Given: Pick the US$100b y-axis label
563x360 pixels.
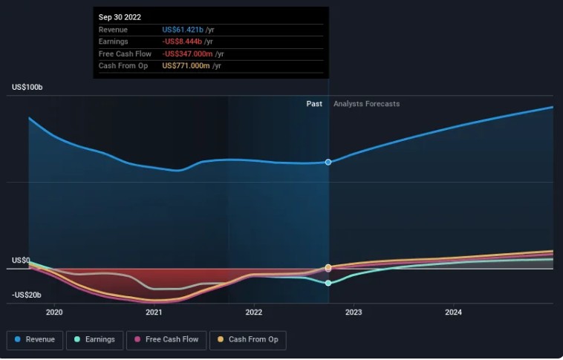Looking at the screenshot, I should click(27, 88).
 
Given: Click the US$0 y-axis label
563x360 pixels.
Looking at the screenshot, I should click(20, 261).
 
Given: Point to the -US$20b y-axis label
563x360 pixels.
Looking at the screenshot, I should click(27, 295).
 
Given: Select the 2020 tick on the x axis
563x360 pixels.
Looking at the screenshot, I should click(54, 312).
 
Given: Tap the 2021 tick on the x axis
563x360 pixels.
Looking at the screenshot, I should click(154, 312).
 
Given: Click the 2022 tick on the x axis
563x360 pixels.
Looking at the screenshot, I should click(254, 312).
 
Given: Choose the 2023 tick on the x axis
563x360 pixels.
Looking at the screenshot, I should click(354, 312).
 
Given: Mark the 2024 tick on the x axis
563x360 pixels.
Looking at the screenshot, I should click(453, 312).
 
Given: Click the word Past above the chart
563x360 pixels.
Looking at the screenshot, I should click(314, 104).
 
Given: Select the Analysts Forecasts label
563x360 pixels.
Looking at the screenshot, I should click(366, 104).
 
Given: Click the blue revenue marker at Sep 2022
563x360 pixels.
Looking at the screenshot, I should click(328, 162).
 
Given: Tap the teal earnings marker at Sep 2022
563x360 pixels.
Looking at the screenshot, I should click(328, 283).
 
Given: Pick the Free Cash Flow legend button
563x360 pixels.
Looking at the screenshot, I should click(166, 340).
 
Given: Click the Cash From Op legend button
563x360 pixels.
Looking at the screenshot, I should click(248, 340).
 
